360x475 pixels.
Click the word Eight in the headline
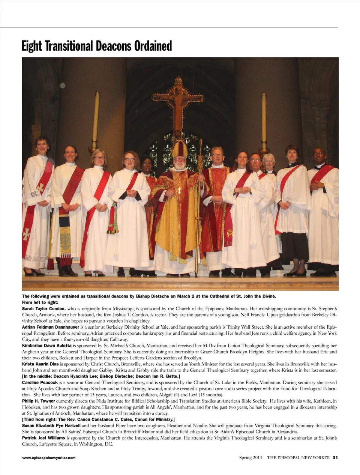pyautogui.click(x=32, y=46)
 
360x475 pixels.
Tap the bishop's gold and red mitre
pyautogui.click(x=179, y=149)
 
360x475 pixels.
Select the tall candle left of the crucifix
pyautogui.click(x=96, y=120)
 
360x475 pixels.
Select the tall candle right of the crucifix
pyautogui.click(x=264, y=120)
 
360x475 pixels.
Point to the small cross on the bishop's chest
pyautogui.click(x=179, y=190)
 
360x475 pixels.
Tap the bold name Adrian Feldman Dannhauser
pyautogui.click(x=51, y=327)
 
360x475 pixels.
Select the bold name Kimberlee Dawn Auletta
pyautogui.click(x=47, y=346)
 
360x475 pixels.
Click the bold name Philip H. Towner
pyautogui.click(x=39, y=401)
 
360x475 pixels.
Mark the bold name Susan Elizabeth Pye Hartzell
pyautogui.click(x=51, y=425)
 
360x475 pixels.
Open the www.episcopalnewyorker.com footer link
pyautogui.click(x=49, y=458)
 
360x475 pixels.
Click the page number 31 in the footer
pyautogui.click(x=336, y=458)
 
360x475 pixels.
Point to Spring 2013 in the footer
pyautogui.click(x=250, y=458)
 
